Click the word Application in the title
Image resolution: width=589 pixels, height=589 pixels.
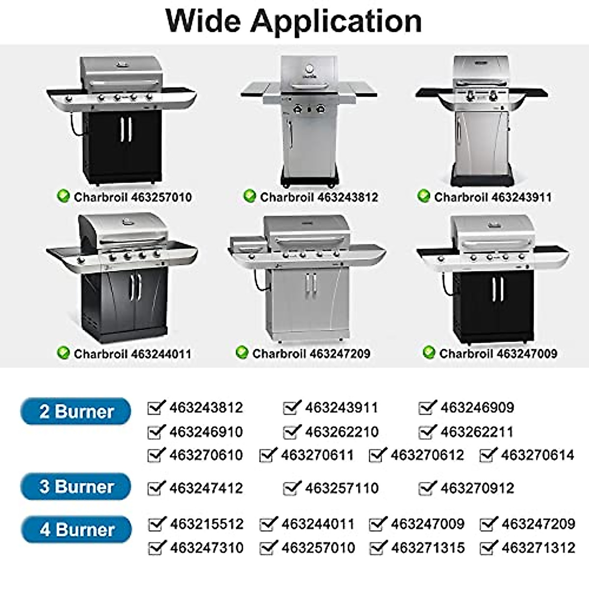click(336, 22)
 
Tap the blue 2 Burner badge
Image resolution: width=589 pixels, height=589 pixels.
click(76, 411)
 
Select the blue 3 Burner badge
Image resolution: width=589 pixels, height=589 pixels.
click(76, 487)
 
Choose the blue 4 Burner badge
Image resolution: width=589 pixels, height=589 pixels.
click(77, 530)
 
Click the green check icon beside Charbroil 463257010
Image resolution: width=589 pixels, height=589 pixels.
click(63, 197)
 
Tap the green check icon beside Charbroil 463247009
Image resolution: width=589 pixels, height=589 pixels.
click(429, 353)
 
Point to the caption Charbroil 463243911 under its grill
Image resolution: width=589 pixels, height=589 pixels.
click(492, 197)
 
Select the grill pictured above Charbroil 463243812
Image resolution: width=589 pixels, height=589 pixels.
click(308, 120)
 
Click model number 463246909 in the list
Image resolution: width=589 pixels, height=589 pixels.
click(477, 407)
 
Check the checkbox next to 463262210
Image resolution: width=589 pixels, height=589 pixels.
click(292, 432)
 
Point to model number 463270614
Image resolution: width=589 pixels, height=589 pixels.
click(537, 455)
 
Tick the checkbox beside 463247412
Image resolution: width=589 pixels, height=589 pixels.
click(156, 488)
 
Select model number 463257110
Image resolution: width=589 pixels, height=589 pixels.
click(342, 488)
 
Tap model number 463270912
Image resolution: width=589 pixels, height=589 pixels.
click(477, 488)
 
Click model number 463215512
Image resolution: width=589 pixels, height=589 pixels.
click(207, 524)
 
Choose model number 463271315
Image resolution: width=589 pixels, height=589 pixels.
click(428, 547)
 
